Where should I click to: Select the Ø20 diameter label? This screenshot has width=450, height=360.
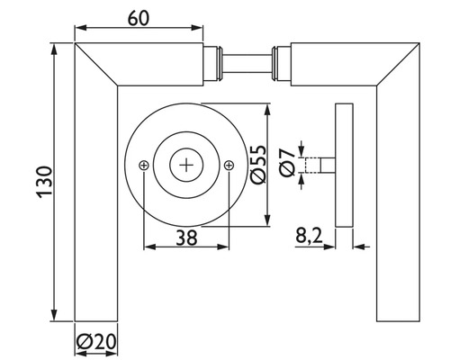(95, 343)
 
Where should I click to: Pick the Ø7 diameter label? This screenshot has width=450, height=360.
(285, 166)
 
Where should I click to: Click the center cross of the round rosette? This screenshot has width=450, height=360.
(186, 165)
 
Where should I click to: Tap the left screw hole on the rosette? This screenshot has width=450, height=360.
(144, 165)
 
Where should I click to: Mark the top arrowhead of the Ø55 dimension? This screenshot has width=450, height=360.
(267, 110)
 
